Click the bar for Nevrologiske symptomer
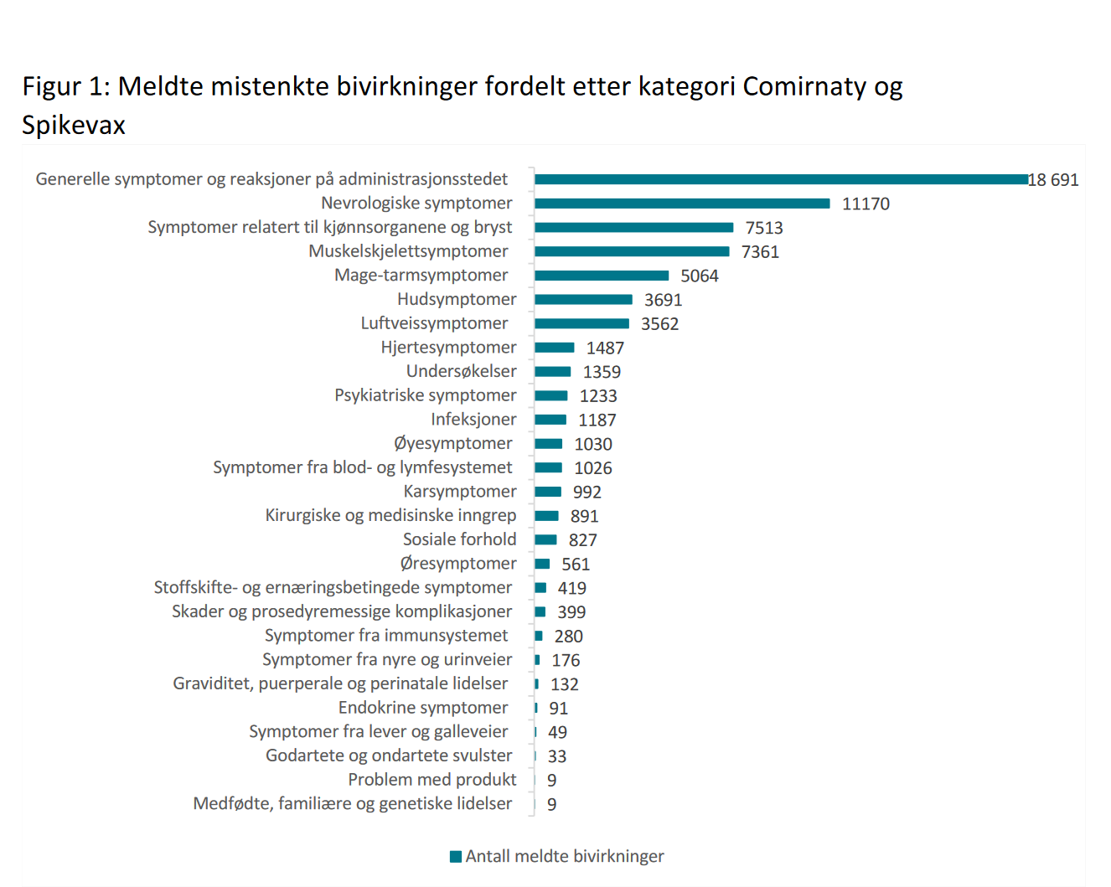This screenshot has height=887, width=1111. point(682,204)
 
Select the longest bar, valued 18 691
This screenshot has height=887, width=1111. point(781,179)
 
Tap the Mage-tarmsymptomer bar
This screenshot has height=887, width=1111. point(602,276)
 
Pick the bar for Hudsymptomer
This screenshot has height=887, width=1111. point(583,300)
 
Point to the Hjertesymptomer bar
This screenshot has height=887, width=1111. point(555,348)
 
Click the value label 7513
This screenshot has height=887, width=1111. point(764,228)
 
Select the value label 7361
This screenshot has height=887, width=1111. point(760,252)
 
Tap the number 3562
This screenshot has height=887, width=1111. point(659,324)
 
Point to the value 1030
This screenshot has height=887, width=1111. point(593,444)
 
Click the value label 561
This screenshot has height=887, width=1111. point(576,565)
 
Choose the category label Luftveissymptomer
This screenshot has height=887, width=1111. point(434,323)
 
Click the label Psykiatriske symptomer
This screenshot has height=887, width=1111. point(425,395)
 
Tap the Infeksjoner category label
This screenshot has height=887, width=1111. point(473,420)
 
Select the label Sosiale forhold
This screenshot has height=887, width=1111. point(459,539)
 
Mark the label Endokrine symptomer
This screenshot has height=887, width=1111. point(423,708)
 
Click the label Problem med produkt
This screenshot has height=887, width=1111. point(431,780)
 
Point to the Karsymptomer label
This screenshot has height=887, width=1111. point(460,492)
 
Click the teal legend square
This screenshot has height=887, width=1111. point(456,856)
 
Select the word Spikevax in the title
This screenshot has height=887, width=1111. point(74,125)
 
